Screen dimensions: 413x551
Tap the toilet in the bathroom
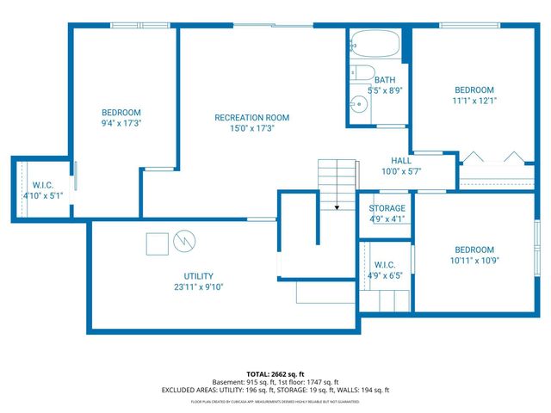(362, 73)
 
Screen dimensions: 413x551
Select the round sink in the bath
(361, 105)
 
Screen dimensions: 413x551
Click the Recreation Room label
(251, 117)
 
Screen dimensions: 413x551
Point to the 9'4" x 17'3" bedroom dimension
(121, 123)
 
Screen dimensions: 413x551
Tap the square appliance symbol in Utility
(157, 243)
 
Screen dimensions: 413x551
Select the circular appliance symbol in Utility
(184, 241)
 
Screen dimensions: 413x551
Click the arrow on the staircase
(337, 206)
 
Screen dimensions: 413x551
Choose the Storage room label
(387, 208)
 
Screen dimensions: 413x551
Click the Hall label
(401, 160)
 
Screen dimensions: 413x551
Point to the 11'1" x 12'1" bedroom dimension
(474, 101)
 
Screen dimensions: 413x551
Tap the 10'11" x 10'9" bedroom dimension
(474, 260)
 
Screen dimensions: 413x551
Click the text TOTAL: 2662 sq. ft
(275, 374)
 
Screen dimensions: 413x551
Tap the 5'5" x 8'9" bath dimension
(384, 89)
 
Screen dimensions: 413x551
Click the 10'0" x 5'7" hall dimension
(401, 171)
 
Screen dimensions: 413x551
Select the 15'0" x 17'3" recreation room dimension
(251, 128)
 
